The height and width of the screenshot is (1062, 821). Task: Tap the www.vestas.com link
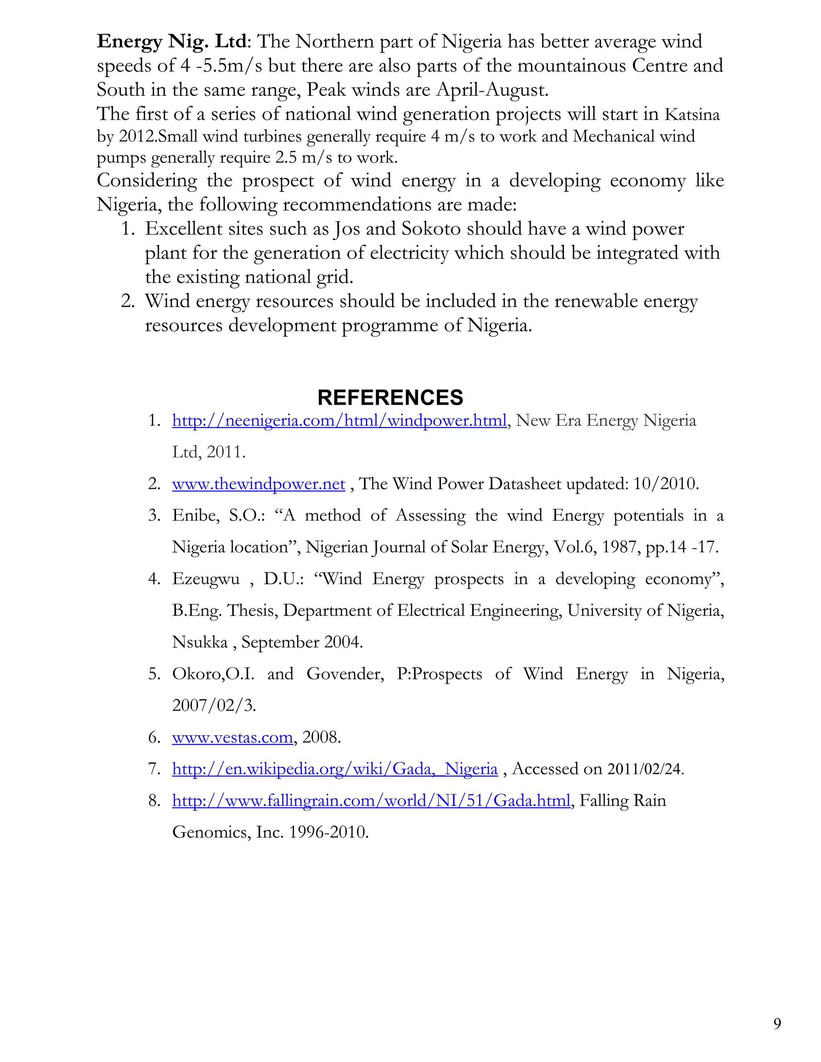pos(233,737)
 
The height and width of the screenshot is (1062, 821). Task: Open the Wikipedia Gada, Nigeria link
pos(335,769)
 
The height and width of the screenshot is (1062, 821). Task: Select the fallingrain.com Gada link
pos(371,800)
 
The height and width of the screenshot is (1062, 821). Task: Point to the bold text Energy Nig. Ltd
pos(172,41)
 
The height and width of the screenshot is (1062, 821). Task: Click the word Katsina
pos(692,114)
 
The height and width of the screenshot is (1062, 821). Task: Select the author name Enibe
pos(192,515)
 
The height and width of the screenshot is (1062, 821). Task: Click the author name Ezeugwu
pos(206,579)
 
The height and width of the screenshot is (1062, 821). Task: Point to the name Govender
pos(345,674)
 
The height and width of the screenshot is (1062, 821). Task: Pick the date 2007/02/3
pos(214,705)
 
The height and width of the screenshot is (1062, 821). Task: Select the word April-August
pos(492,89)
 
